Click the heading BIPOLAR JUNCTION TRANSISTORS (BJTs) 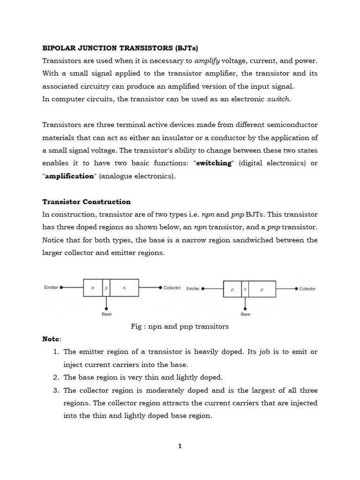click(120, 48)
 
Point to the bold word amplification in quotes click(69, 176)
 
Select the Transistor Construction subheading click(87, 202)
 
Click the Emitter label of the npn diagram click(51, 287)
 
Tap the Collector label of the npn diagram click(172, 288)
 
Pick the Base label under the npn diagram click(106, 314)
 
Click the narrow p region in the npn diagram click(106, 288)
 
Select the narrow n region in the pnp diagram click(245, 290)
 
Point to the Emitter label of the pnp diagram click(193, 289)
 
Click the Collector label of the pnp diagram click(307, 289)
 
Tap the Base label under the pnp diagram click(245, 314)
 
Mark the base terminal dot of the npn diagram click(106, 308)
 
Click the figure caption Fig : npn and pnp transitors click(180, 326)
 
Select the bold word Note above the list click(51, 339)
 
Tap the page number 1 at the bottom click(180, 446)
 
